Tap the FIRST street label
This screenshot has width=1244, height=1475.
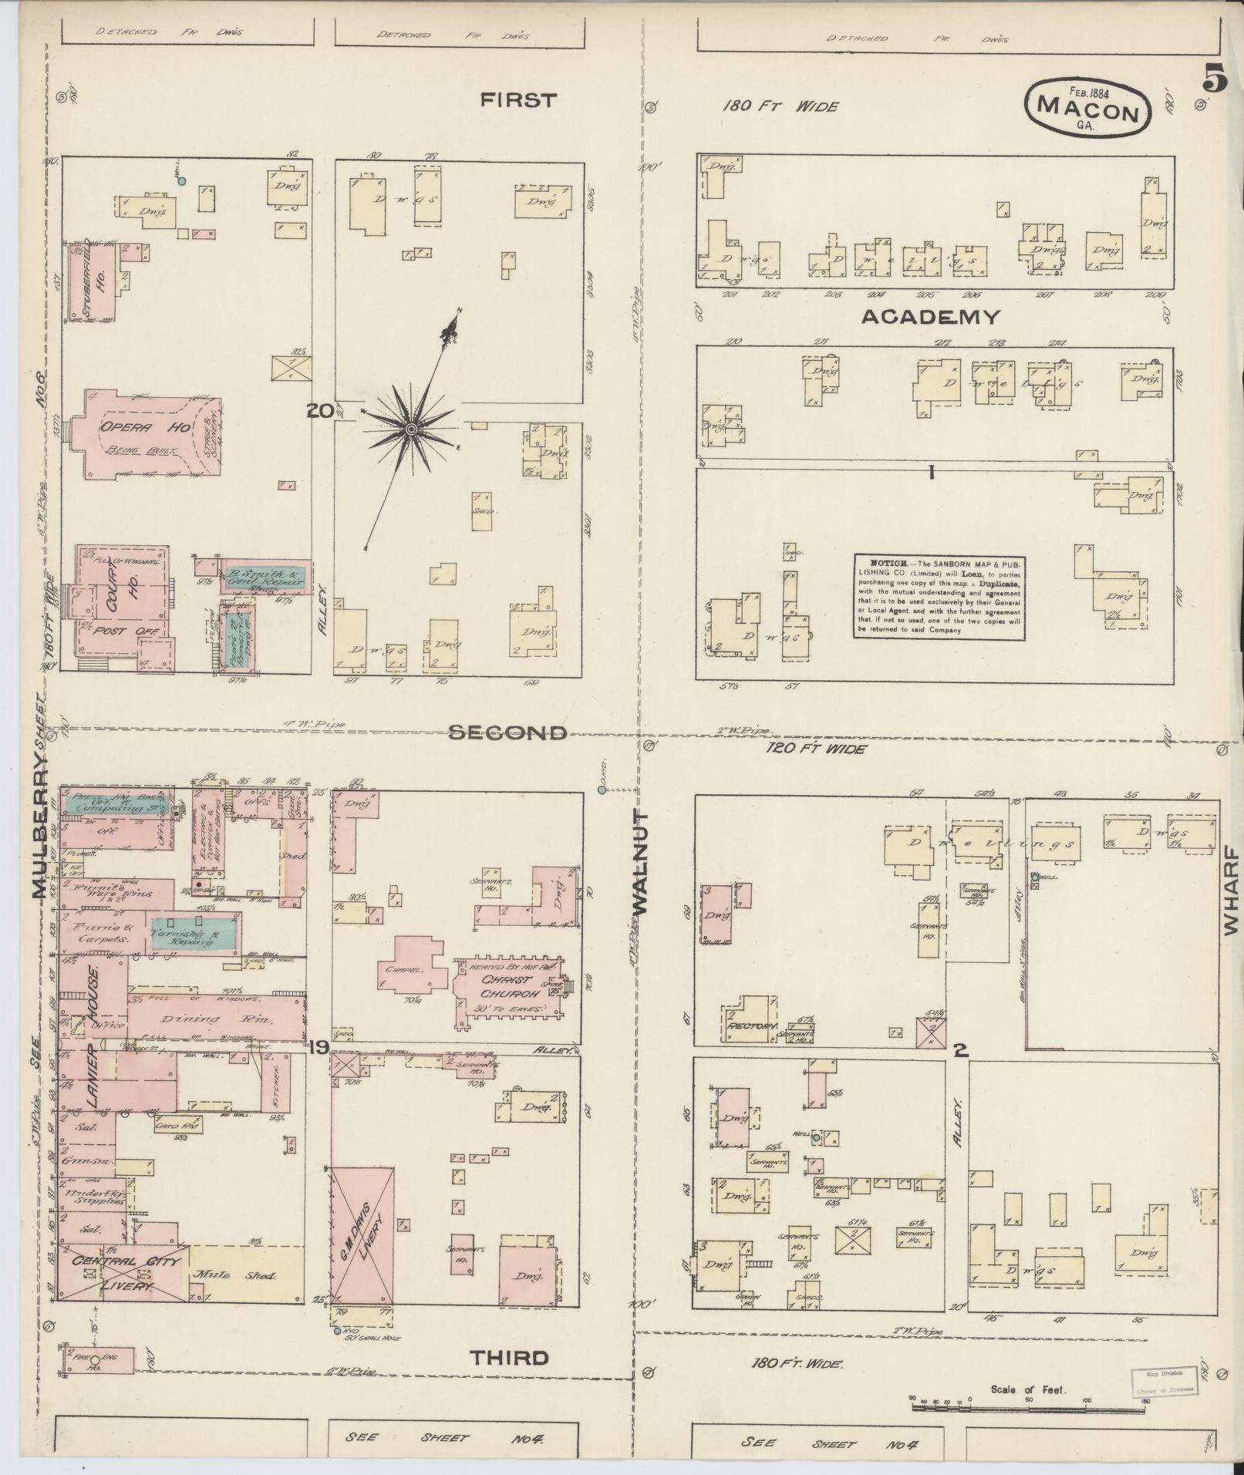tap(517, 100)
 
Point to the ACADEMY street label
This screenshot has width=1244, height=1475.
tap(931, 317)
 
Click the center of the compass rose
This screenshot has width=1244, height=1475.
tap(411, 428)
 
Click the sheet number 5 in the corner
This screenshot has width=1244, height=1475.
tap(1214, 81)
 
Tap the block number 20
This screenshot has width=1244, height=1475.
tap(319, 412)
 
